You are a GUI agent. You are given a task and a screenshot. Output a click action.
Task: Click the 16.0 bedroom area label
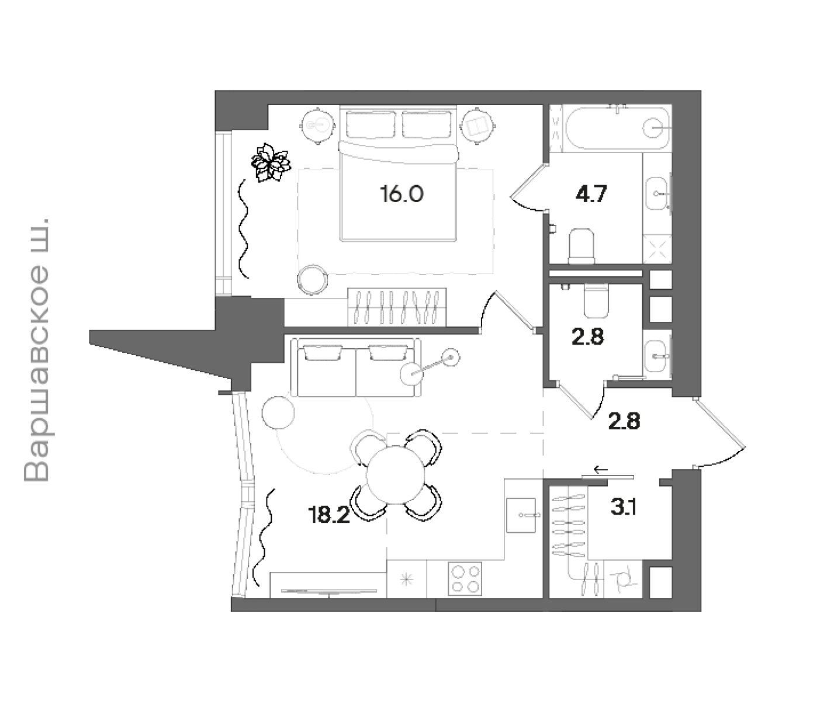402,194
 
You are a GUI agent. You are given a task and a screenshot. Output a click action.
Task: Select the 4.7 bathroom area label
591,194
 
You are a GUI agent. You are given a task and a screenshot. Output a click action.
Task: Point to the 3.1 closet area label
624,507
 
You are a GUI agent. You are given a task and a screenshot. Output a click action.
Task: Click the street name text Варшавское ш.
36,350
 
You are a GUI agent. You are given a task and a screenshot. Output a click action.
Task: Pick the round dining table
395,475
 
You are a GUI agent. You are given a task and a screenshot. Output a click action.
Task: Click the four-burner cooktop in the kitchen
465,578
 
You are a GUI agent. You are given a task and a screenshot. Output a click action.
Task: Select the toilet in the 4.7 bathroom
581,246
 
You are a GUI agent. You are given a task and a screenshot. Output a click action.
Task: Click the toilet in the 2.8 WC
596,300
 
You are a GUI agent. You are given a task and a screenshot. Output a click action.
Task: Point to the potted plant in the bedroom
271,162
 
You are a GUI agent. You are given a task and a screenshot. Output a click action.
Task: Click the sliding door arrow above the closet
601,470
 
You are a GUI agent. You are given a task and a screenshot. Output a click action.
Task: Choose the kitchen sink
521,515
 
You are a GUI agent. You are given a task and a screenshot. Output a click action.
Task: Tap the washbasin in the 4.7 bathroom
656,194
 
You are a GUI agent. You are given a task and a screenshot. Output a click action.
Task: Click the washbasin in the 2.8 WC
656,356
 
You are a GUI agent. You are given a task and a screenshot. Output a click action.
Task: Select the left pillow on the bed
371,124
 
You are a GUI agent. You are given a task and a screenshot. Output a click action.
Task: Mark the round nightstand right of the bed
477,126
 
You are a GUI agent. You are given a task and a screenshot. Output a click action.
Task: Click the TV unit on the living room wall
328,585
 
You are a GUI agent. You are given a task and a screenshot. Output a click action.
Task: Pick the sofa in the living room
355,367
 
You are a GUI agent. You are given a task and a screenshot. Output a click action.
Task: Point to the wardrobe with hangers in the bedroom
397,307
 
